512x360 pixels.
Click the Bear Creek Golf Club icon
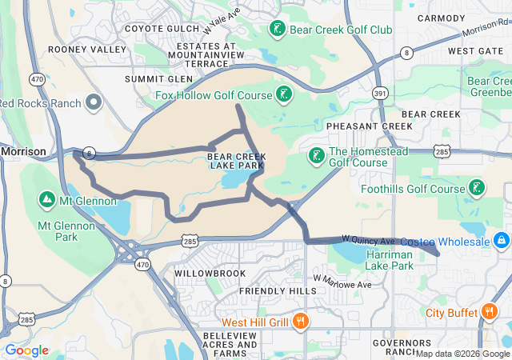[277, 30]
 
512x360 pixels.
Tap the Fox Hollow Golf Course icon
[283, 95]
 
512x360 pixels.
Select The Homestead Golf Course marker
[317, 155]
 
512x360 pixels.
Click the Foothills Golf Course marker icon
[477, 189]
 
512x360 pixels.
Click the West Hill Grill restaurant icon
[300, 322]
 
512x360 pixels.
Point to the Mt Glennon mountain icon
[47, 199]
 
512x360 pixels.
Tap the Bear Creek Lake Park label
[235, 161]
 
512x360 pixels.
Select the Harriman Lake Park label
[389, 259]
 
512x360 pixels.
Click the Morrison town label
[22, 150]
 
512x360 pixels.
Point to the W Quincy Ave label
[368, 239]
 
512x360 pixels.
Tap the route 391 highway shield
[380, 94]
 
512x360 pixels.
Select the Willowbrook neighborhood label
[210, 273]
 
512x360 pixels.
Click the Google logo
[27, 350]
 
